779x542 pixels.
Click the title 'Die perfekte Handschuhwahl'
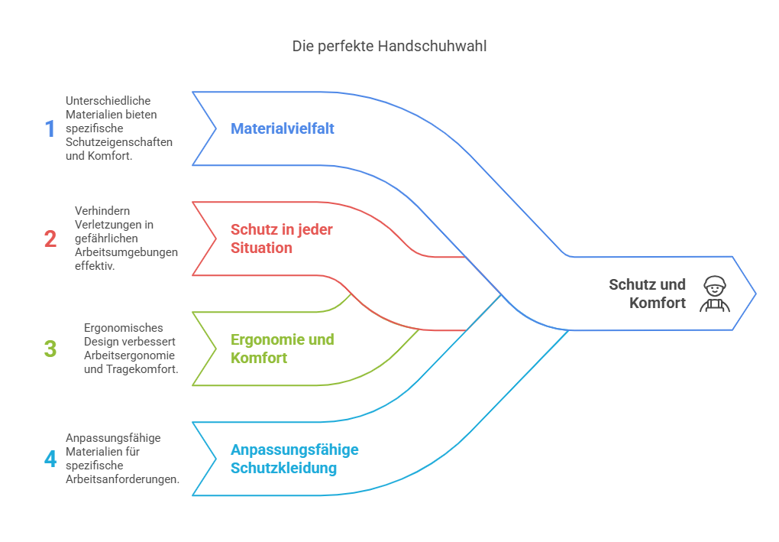[389, 46]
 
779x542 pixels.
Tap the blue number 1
[50, 128]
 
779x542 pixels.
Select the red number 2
[50, 239]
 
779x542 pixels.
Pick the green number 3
[50, 349]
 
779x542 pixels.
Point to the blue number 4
[50, 459]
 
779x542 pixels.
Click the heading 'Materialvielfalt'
[282, 128]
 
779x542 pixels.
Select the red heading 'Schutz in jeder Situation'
[282, 239]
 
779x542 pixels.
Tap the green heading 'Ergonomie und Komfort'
[282, 349]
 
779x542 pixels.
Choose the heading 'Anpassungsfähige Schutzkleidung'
[295, 459]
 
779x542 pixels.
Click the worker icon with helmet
[715, 294]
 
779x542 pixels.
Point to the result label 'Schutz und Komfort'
[648, 294]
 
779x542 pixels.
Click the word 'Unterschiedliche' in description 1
[108, 101]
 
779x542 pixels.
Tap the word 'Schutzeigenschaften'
[119, 142]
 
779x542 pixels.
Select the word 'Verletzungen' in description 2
[115, 225]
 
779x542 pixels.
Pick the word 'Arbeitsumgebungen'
[126, 252]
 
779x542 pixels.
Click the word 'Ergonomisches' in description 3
[123, 328]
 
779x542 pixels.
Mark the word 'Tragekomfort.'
[142, 369]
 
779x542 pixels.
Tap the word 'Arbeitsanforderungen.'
[123, 479]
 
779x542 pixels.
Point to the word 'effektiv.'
[95, 266]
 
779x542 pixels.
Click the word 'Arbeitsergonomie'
[129, 355]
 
